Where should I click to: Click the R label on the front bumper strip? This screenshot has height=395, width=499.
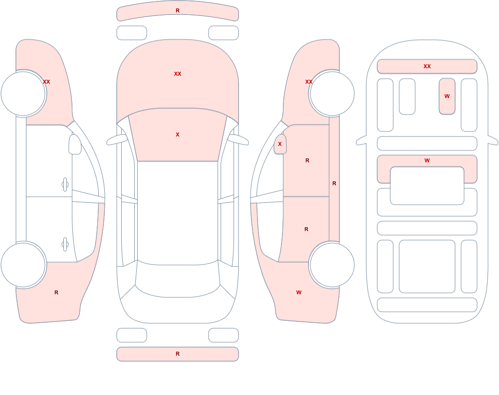[178, 10]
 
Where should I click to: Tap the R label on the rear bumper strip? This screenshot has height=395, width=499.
[178, 354]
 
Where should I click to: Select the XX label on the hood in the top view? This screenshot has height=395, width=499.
[178, 74]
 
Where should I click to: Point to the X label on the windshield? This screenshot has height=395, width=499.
[178, 134]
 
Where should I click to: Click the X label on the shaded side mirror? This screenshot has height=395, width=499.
[280, 144]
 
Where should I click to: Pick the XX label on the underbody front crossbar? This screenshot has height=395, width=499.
[427, 66]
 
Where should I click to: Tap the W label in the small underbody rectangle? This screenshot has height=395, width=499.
[447, 96]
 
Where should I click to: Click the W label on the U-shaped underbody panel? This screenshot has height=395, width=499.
[427, 160]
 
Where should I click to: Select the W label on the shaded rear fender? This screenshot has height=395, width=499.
[299, 292]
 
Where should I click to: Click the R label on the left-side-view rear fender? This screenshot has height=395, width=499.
[56, 292]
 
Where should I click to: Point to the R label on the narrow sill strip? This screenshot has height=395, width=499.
[334, 183]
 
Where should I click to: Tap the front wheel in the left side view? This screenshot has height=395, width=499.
[23, 94]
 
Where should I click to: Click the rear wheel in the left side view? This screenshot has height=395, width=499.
[23, 264]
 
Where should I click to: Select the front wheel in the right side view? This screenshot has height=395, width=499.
[332, 94]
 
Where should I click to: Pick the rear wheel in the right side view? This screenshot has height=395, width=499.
[332, 264]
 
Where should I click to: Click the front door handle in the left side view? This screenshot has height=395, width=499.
[65, 184]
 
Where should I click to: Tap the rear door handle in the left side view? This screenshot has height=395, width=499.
[65, 245]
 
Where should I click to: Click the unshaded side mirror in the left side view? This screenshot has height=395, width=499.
[75, 144]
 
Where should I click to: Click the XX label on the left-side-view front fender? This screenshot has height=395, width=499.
[46, 82]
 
